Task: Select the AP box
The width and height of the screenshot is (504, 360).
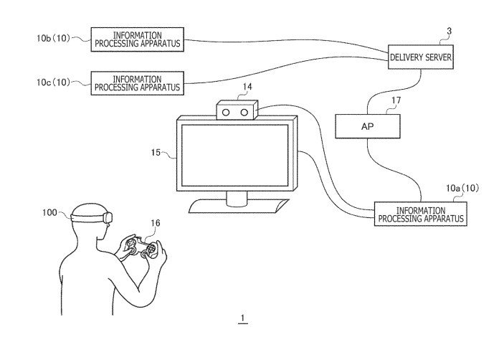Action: point(368,126)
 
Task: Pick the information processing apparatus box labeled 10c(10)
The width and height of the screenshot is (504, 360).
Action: point(138,82)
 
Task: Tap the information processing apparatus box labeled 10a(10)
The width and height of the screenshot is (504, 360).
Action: point(420,214)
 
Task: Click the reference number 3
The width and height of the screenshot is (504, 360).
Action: point(449,31)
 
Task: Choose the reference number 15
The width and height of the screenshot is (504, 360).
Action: point(159,153)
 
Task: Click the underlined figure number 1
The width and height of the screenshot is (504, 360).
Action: point(244,318)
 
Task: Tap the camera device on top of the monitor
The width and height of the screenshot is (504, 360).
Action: point(237,113)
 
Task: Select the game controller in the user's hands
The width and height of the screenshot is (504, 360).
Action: point(141,248)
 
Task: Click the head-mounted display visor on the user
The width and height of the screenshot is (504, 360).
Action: point(107,216)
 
